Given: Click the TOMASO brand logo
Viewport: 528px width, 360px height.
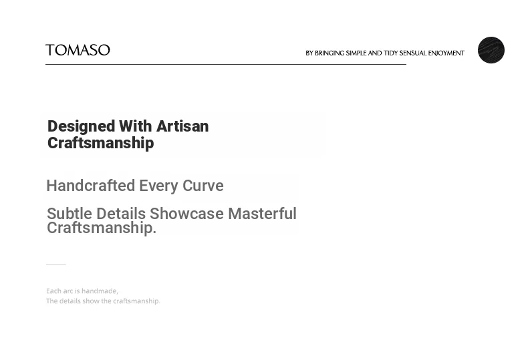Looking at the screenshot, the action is (78, 50).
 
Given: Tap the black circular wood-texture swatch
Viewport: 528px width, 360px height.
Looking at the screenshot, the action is (491, 50).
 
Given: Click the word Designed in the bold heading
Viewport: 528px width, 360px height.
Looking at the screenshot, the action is (81, 126).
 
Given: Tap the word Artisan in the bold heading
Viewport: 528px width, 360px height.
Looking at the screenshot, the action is (182, 126).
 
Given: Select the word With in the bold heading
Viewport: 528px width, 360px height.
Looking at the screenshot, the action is (136, 126).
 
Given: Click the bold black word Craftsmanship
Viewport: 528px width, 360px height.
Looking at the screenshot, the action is (101, 143).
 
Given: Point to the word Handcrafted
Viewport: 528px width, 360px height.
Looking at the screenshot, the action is (91, 186).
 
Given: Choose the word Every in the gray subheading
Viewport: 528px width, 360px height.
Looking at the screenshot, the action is (158, 186).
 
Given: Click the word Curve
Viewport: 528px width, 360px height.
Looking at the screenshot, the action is (203, 186).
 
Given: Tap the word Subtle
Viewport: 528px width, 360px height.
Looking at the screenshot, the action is (70, 214).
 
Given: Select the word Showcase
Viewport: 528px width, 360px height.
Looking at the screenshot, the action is (186, 214).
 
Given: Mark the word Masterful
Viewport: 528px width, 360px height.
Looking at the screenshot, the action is (262, 214).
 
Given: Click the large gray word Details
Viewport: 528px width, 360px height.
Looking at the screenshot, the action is (121, 214).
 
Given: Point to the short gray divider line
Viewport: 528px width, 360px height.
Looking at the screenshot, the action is (56, 264).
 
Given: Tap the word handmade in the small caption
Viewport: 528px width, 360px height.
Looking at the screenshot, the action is (100, 291).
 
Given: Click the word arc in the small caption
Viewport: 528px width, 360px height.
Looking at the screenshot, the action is (68, 291).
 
